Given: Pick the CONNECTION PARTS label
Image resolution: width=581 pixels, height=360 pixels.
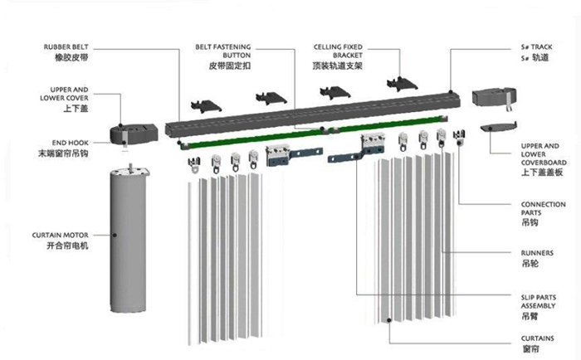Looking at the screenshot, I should click(x=543, y=208).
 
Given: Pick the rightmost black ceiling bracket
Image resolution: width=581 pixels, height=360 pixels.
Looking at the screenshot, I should click(x=403, y=81).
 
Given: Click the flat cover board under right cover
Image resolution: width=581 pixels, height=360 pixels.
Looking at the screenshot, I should click(x=498, y=125).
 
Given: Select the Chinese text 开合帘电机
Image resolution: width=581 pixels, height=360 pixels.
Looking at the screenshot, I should click(x=67, y=248).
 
